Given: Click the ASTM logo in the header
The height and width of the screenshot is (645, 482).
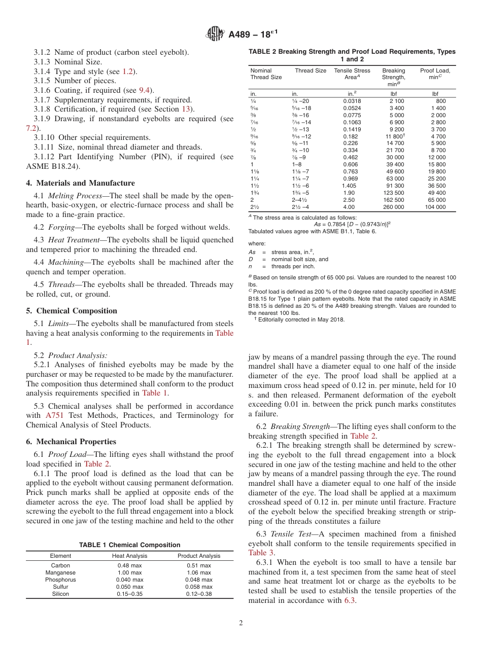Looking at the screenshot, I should tap(216, 34).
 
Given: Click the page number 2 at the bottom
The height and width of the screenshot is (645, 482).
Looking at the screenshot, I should tap(241, 623).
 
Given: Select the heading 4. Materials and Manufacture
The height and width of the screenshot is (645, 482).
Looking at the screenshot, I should tap(80, 183).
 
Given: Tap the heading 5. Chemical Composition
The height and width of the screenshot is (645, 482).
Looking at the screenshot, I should tap(71, 311).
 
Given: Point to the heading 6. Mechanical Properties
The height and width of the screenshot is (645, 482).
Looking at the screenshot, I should tap(71, 442).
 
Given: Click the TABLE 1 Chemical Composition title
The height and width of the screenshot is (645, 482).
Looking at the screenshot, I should tap(129, 545).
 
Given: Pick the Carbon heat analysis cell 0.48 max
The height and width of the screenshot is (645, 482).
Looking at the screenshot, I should tap(129, 565).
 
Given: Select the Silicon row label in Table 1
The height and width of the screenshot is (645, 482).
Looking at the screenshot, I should tap(60, 594).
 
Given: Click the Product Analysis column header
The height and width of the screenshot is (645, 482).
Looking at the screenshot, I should tap(198, 556).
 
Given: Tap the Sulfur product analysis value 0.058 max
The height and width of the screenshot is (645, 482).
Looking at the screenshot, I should tap(198, 587).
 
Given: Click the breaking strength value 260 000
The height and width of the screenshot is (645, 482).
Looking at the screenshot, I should tap(393, 207).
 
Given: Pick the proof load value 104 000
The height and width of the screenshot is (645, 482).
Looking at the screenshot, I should tap(435, 207).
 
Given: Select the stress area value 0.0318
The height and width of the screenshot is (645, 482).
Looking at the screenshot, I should tap(352, 101).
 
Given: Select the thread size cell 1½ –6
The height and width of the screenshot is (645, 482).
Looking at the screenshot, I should tap(299, 186).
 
